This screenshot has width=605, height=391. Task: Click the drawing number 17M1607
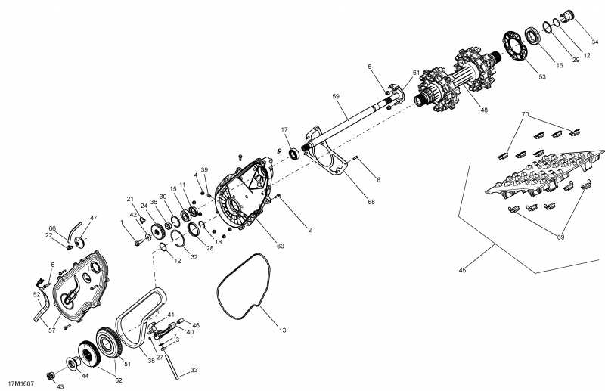[21, 383]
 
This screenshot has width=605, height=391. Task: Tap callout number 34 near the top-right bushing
[595, 42]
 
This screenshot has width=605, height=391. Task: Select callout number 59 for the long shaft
[336, 96]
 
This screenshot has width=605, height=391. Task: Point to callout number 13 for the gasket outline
[283, 330]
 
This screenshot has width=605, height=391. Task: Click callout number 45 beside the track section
[463, 270]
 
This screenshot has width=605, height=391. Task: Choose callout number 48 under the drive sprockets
[484, 110]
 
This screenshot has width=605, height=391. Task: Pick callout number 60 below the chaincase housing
[281, 246]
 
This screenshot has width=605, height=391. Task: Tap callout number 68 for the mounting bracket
[371, 201]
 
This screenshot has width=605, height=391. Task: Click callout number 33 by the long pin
[194, 370]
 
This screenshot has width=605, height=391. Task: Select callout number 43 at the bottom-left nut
[60, 386]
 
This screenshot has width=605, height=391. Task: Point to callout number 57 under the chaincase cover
[52, 330]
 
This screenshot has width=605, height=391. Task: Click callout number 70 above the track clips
[525, 114]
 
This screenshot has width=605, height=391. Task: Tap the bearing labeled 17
[294, 154]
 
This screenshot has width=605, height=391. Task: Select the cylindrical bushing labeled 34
[567, 17]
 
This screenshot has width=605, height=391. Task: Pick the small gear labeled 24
[158, 231]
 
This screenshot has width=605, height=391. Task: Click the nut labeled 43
[50, 376]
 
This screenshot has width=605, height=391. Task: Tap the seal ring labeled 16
[533, 36]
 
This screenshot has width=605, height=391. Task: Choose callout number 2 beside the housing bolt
[309, 230]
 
